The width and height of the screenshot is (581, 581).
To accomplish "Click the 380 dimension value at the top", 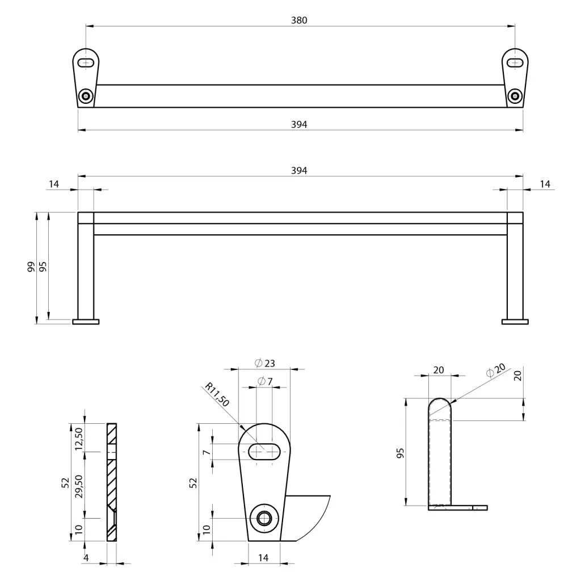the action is click(x=299, y=20).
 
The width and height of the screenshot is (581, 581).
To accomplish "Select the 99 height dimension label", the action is click(x=32, y=267).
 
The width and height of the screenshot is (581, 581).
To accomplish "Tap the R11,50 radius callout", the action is click(x=217, y=395).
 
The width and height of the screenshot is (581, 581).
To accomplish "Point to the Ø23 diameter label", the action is click(x=265, y=363).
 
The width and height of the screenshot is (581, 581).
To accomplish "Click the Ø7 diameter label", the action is click(x=265, y=381).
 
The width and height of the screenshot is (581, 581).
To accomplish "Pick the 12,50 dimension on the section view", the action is click(x=78, y=439).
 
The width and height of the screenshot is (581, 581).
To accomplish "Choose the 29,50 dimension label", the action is click(x=78, y=486).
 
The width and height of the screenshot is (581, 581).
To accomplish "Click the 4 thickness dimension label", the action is click(x=86, y=558).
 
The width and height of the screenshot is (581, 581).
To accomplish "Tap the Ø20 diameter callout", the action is click(x=496, y=370).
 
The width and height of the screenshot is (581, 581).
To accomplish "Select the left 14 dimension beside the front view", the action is click(x=54, y=184).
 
